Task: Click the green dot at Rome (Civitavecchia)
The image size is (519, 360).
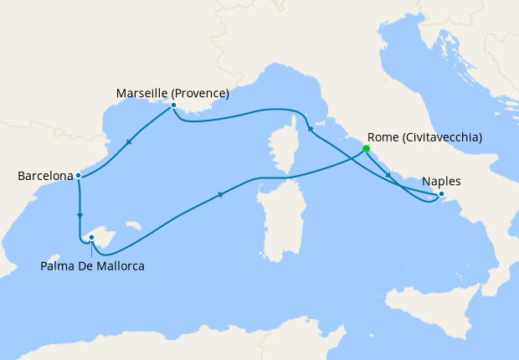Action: (366, 149)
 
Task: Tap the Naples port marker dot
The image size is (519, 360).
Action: (443, 196)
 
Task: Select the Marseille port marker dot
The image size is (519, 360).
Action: (173, 105)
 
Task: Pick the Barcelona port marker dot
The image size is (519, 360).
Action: (78, 176)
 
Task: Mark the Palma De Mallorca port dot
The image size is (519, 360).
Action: (91, 238)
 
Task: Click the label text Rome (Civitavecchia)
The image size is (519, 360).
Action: (424, 137)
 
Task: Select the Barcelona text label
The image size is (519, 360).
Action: (45, 177)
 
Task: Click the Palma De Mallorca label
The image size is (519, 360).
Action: (92, 266)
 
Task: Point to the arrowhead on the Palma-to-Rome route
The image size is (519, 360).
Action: (221, 195)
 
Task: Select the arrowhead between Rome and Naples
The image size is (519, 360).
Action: (389, 175)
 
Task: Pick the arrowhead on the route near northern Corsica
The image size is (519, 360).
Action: (310, 129)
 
